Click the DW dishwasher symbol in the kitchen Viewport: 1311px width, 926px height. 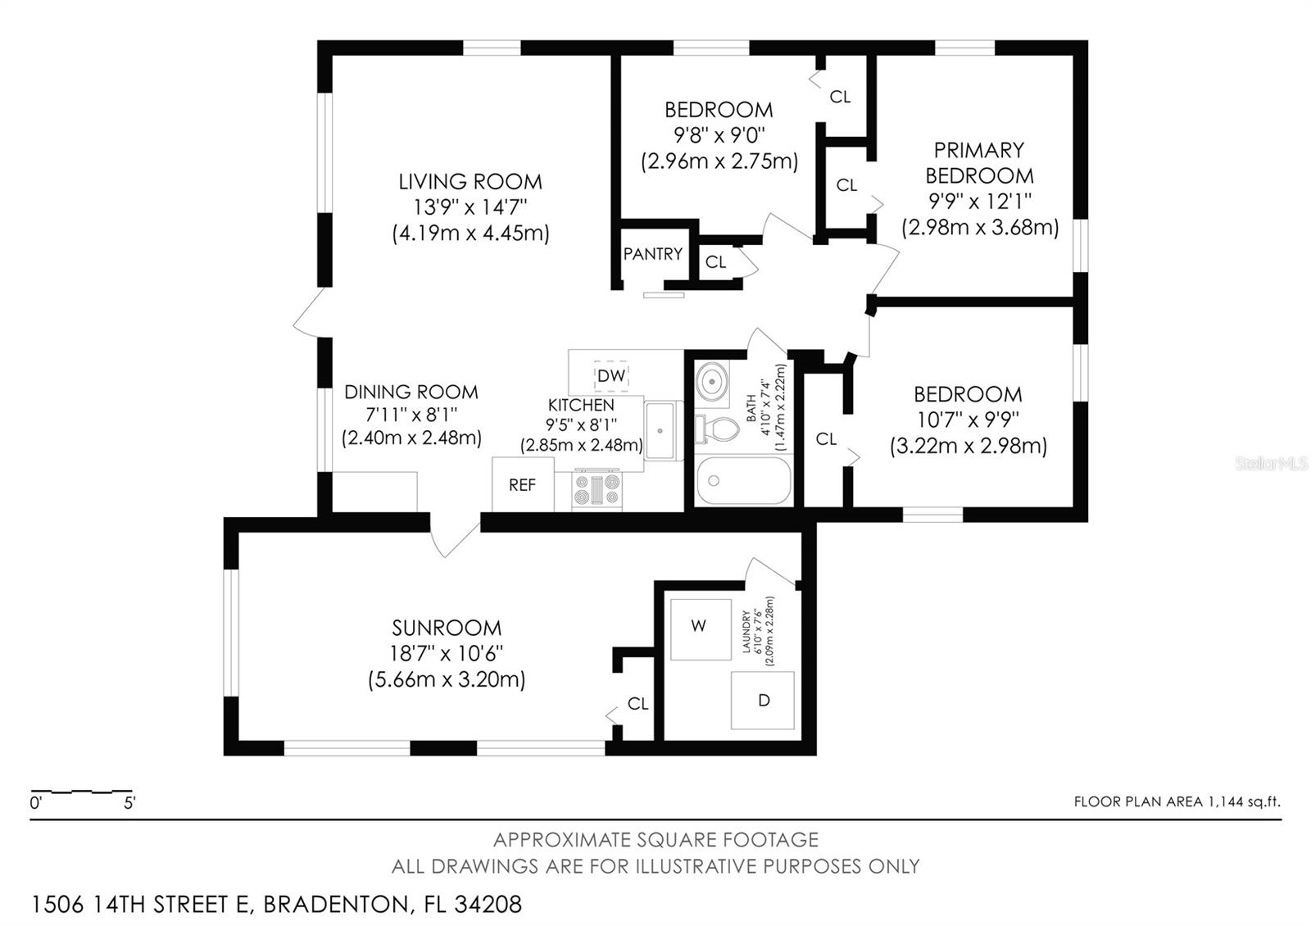[x=611, y=375]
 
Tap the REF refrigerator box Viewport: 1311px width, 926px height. [x=522, y=485]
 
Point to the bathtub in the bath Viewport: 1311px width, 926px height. [x=744, y=481]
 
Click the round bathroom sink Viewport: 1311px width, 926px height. [x=711, y=381]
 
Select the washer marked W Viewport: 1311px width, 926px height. [x=699, y=627]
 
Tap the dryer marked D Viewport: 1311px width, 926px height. [x=763, y=701]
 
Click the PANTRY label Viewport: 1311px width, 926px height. [x=652, y=254]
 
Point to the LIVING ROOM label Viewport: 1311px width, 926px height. [x=470, y=181]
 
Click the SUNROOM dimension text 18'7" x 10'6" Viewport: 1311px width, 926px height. [x=447, y=653]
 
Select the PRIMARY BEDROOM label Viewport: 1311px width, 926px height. [x=979, y=162]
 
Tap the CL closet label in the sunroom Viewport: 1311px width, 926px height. [x=637, y=703]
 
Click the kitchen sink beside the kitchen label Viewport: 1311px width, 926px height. [x=660, y=430]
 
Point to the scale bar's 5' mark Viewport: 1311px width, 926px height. [x=129, y=803]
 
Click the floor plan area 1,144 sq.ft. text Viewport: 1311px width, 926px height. [x=1177, y=801]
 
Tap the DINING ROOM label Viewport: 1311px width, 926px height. [x=411, y=392]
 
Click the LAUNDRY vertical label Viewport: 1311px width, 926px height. [x=746, y=631]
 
